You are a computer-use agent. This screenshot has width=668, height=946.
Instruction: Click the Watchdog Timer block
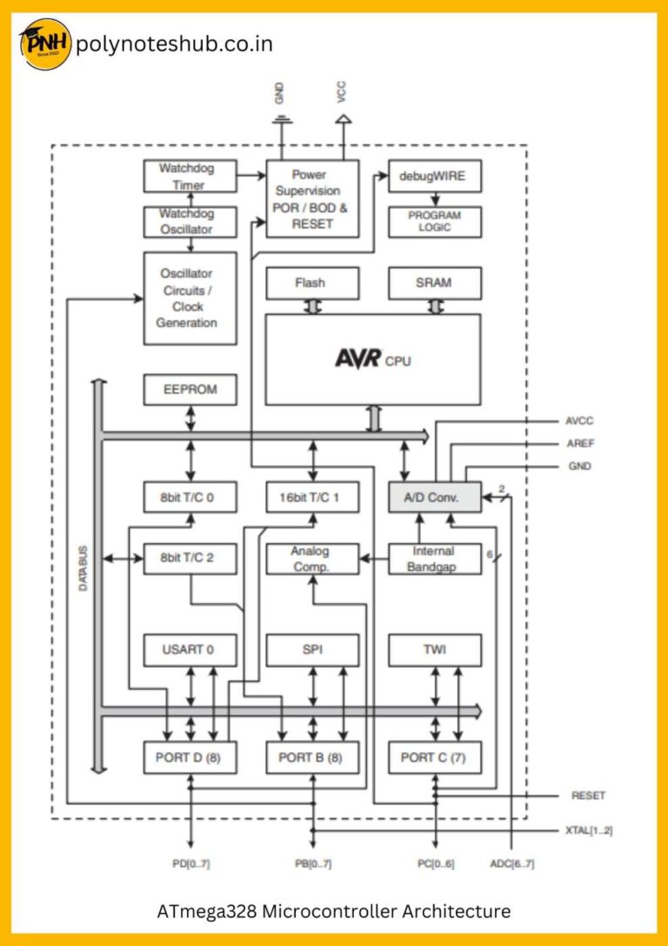[x=190, y=177]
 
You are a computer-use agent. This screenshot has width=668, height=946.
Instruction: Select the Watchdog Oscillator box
[x=190, y=221]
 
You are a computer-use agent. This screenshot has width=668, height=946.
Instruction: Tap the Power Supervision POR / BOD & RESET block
[x=312, y=198]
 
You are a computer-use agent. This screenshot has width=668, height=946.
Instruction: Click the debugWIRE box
[x=434, y=177]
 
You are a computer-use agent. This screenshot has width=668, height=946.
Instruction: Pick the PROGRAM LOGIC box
[x=434, y=221]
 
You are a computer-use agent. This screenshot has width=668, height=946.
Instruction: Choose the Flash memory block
[x=312, y=283]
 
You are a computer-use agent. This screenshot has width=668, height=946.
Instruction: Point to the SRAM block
[x=434, y=283]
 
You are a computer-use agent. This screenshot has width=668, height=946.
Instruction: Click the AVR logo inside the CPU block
[x=359, y=359]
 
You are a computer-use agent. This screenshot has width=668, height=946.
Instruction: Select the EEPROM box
[x=190, y=390]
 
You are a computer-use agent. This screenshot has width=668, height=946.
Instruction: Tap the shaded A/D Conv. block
[x=434, y=498]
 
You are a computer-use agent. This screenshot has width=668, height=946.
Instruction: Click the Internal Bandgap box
[x=434, y=559]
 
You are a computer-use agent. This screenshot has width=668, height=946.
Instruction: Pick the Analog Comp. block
[x=312, y=559]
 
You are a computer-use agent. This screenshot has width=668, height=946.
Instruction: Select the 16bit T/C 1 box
[x=312, y=498]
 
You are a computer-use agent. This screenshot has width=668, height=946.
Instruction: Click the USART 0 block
[x=190, y=649]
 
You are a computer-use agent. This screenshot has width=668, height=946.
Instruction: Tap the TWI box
[x=434, y=649]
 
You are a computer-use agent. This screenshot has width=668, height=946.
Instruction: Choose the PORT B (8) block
[x=312, y=758]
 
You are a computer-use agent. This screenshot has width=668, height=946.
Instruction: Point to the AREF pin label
[x=582, y=444]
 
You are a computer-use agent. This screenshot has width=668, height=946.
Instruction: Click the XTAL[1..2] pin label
[x=589, y=830]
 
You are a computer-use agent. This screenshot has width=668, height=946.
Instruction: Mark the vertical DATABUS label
[x=83, y=568]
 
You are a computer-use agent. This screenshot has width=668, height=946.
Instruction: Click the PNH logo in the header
[x=44, y=44]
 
